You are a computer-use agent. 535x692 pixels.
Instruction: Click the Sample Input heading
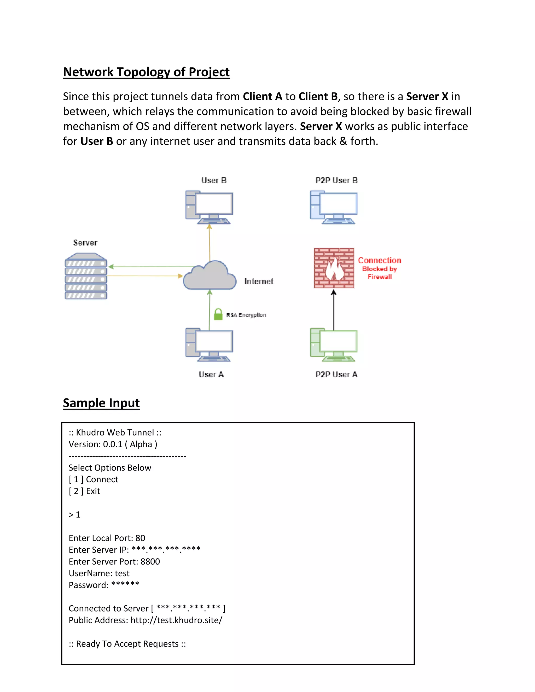(101, 403)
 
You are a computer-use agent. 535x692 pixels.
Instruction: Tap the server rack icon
(86, 276)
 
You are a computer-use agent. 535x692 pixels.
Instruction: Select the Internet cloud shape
(210, 276)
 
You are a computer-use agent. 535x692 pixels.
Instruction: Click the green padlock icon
(218, 314)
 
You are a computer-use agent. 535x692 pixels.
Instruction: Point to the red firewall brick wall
(334, 268)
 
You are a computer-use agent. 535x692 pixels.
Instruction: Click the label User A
(211, 374)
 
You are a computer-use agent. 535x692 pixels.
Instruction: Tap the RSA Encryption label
(246, 315)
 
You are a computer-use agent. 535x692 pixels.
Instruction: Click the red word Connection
(379, 260)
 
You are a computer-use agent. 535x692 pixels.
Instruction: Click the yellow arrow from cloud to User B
(209, 242)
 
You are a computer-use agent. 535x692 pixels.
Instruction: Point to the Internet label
(259, 281)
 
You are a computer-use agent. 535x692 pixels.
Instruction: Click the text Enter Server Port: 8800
(114, 562)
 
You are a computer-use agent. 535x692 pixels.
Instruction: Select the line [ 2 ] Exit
(84, 491)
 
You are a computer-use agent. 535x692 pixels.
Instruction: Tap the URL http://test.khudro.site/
(176, 620)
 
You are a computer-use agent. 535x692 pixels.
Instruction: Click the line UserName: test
(99, 573)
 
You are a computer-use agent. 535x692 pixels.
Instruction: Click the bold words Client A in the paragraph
(263, 96)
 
